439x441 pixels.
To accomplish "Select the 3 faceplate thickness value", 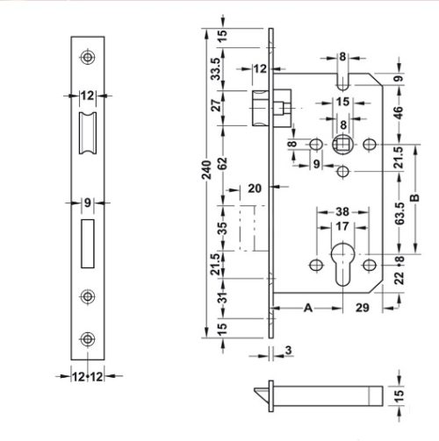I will click(289, 352).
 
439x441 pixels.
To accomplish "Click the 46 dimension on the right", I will click(399, 112).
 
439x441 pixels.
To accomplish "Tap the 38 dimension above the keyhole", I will click(343, 211).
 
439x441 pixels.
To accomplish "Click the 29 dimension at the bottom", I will click(362, 308).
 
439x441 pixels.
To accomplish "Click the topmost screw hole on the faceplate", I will click(86, 57).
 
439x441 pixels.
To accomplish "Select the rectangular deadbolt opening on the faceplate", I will click(86, 244).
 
